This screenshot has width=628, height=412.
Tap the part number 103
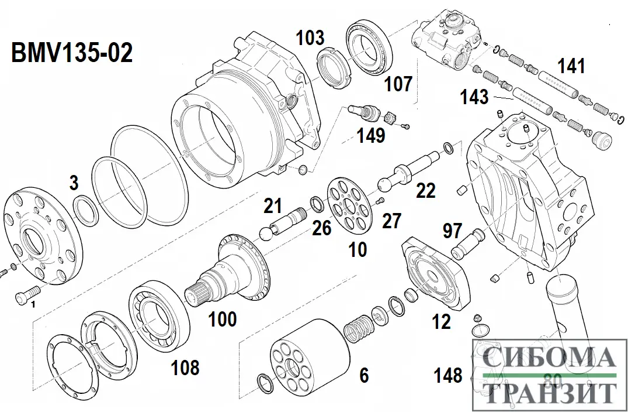click(310, 38)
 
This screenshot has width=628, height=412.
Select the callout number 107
click(399, 84)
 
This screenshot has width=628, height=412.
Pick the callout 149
click(372, 136)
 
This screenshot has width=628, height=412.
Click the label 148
click(448, 375)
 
